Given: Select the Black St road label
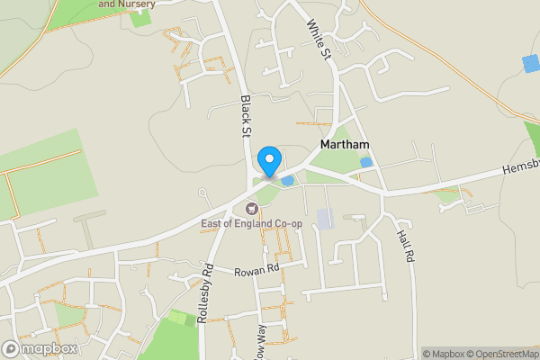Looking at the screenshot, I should [244, 117].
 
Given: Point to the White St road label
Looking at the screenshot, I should [319, 41].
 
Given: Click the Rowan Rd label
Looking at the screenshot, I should [257, 272].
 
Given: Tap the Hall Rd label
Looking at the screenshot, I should [404, 245].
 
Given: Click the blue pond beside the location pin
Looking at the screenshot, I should [287, 181].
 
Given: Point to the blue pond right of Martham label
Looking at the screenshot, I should [365, 162].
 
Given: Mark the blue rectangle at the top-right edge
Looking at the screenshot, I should [531, 65].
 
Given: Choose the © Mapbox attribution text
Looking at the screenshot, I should [443, 353].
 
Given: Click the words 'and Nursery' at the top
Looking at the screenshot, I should [126, 4].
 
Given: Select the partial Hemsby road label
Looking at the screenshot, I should [520, 167].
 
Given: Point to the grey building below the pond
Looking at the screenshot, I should [323, 218].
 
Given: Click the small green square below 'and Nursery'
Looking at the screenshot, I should [139, 18].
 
